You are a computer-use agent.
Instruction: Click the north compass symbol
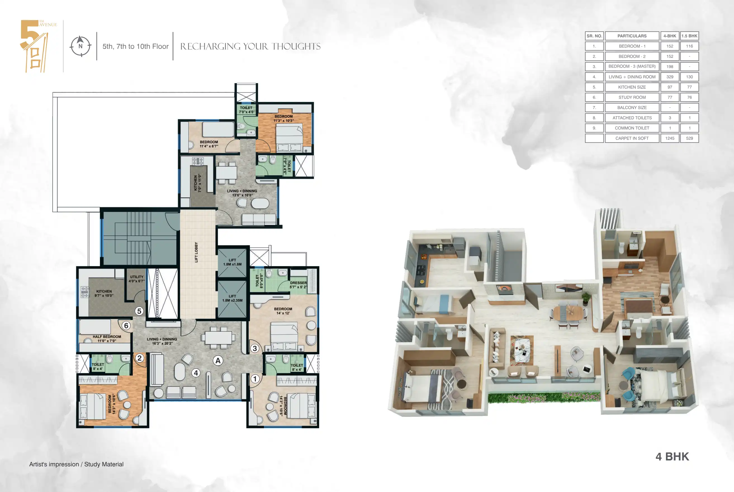pyautogui.click(x=80, y=46)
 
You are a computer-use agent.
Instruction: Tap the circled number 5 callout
pyautogui.click(x=139, y=311)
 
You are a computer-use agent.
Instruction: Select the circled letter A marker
pyautogui.click(x=218, y=360)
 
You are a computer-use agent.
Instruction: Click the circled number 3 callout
pyautogui.click(x=255, y=348)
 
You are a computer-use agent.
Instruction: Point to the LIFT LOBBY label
pyautogui.click(x=196, y=252)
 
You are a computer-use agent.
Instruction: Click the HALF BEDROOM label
pyautogui.click(x=107, y=338)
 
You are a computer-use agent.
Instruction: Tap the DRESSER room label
pyautogui.click(x=298, y=285)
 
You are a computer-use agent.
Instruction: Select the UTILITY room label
pyautogui.click(x=137, y=279)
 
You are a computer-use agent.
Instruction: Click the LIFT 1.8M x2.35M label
pyautogui.click(x=233, y=298)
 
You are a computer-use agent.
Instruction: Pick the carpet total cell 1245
pyautogui.click(x=670, y=138)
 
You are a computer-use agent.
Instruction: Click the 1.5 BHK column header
pyautogui.click(x=689, y=36)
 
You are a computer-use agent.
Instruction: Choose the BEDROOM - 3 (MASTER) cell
pyautogui.click(x=632, y=66)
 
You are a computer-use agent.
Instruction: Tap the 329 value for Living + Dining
pyautogui.click(x=670, y=77)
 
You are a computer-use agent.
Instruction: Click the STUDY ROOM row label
pyautogui.click(x=632, y=97)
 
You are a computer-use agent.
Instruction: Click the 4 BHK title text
pyautogui.click(x=672, y=457)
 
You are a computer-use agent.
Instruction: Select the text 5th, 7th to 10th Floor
pyautogui.click(x=135, y=46)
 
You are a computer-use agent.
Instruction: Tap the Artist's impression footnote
pyautogui.click(x=76, y=464)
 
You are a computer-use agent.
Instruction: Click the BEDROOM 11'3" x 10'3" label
pyautogui.click(x=283, y=118)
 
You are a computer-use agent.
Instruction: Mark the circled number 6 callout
pyautogui.click(x=126, y=325)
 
